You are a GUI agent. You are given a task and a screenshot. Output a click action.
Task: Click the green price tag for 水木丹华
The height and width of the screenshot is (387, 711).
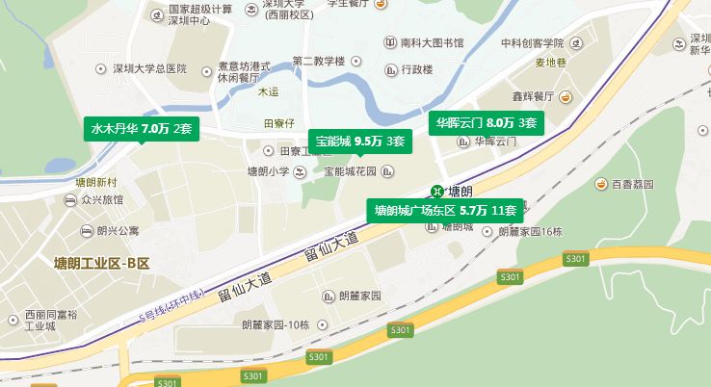(142, 129)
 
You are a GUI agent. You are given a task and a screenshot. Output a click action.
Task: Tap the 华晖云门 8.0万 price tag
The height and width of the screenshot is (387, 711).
(487, 123)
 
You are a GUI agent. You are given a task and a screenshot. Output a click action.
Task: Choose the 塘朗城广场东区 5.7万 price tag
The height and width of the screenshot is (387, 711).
(445, 210)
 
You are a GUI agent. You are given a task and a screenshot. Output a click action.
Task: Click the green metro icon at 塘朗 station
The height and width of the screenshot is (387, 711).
(438, 191)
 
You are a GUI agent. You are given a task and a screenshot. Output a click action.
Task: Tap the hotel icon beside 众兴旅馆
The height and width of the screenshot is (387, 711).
(70, 200)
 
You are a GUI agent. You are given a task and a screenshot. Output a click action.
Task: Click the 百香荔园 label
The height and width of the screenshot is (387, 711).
(632, 184)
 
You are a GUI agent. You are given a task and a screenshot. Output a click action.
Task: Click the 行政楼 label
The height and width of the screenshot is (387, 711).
(417, 70)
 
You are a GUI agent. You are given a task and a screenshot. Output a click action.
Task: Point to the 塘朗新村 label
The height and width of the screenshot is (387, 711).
(95, 182)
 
